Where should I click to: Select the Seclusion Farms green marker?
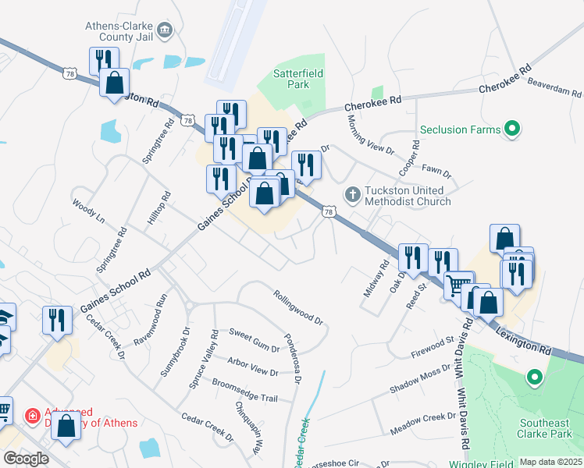click(x=512, y=129)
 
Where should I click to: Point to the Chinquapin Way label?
click(x=248, y=428)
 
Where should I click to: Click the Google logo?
click(x=26, y=459)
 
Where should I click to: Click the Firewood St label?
click(x=433, y=348)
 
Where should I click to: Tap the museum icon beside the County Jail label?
click(x=165, y=30)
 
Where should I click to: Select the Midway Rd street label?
click(x=376, y=278)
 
